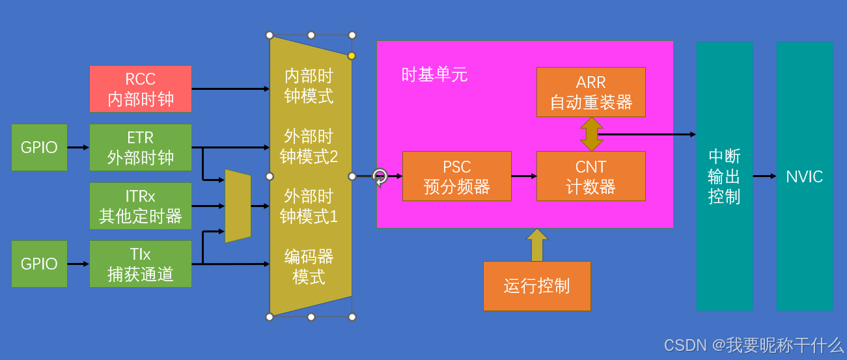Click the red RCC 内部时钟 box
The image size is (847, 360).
141,89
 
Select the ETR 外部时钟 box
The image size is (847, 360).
141,147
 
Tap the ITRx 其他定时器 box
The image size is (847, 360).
141,206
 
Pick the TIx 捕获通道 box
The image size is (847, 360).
141,264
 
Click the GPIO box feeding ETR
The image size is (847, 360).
39,147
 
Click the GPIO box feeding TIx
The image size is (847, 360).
39,264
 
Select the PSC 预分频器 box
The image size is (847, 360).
456,176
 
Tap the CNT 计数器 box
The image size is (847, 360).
590,176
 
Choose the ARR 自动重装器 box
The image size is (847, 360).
590,92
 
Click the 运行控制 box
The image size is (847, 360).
536,286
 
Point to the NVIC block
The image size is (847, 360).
804,176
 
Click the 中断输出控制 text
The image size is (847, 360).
724,176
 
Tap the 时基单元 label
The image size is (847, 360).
434,75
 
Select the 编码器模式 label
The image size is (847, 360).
309,266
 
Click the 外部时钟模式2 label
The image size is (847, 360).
309,146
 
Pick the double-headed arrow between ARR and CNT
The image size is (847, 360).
591,134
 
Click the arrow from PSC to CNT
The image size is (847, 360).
524,176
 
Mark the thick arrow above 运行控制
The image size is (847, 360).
536,245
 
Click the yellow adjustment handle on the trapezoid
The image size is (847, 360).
352,56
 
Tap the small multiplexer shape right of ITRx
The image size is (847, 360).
238,206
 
